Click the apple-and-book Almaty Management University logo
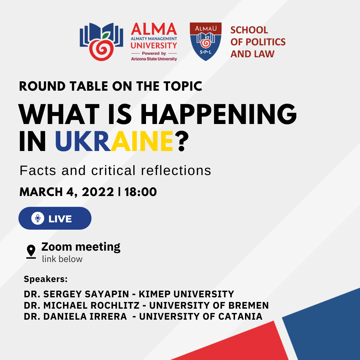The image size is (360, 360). point(101,42)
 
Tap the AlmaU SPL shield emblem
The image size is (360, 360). point(205,42)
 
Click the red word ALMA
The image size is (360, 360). point(154,29)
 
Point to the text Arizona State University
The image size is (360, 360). point(154,59)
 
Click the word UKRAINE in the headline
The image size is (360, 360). point(114,141)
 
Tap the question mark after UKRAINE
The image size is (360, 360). point(183,141)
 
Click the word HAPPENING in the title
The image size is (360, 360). point(219,114)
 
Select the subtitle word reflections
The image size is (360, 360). point(176,170)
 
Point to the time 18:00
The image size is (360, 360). point(141,192)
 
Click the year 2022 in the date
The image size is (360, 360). point(98,192)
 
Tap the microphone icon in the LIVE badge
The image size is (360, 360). point(38,218)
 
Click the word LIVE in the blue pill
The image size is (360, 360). point(60,219)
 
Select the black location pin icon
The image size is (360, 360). point(31,252)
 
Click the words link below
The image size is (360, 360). point(62,259)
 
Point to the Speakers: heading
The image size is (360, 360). point(46,279)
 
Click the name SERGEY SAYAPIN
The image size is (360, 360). point(86,294)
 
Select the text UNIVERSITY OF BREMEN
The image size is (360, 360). point(209,305)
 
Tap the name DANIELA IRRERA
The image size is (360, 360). point(85,316)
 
